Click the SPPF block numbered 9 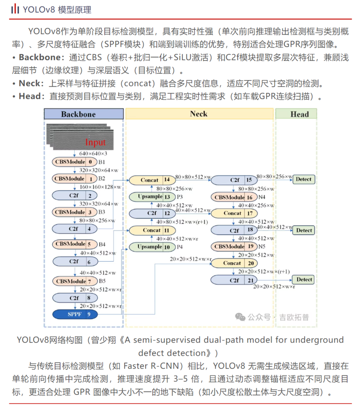[75, 314]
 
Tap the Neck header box [198, 113]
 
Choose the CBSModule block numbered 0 [75, 162]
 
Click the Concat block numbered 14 [152, 180]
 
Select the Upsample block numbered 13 [152, 196]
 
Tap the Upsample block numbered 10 [152, 247]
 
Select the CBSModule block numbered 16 [234, 197]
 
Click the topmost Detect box [303, 179]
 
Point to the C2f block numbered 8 [75, 298]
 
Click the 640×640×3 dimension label [93, 154]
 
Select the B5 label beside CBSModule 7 [102, 281]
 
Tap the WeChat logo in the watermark [240, 317]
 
